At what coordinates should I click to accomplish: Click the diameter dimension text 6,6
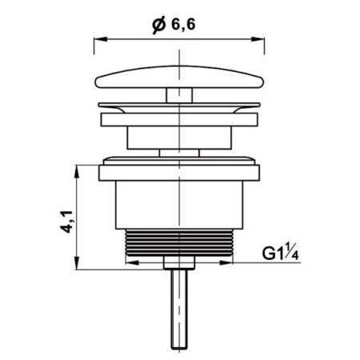[x=183, y=25]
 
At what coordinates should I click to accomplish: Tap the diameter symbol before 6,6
[x=159, y=25]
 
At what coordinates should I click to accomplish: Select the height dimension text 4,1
[x=66, y=222]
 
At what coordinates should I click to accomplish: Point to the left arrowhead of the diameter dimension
[x=101, y=39]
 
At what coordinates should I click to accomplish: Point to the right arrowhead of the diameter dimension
[x=258, y=39]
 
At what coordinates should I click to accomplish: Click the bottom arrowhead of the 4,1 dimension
[x=77, y=263]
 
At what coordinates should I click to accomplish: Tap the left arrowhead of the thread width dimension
[x=132, y=262]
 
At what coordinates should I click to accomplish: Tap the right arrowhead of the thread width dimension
[x=226, y=262]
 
